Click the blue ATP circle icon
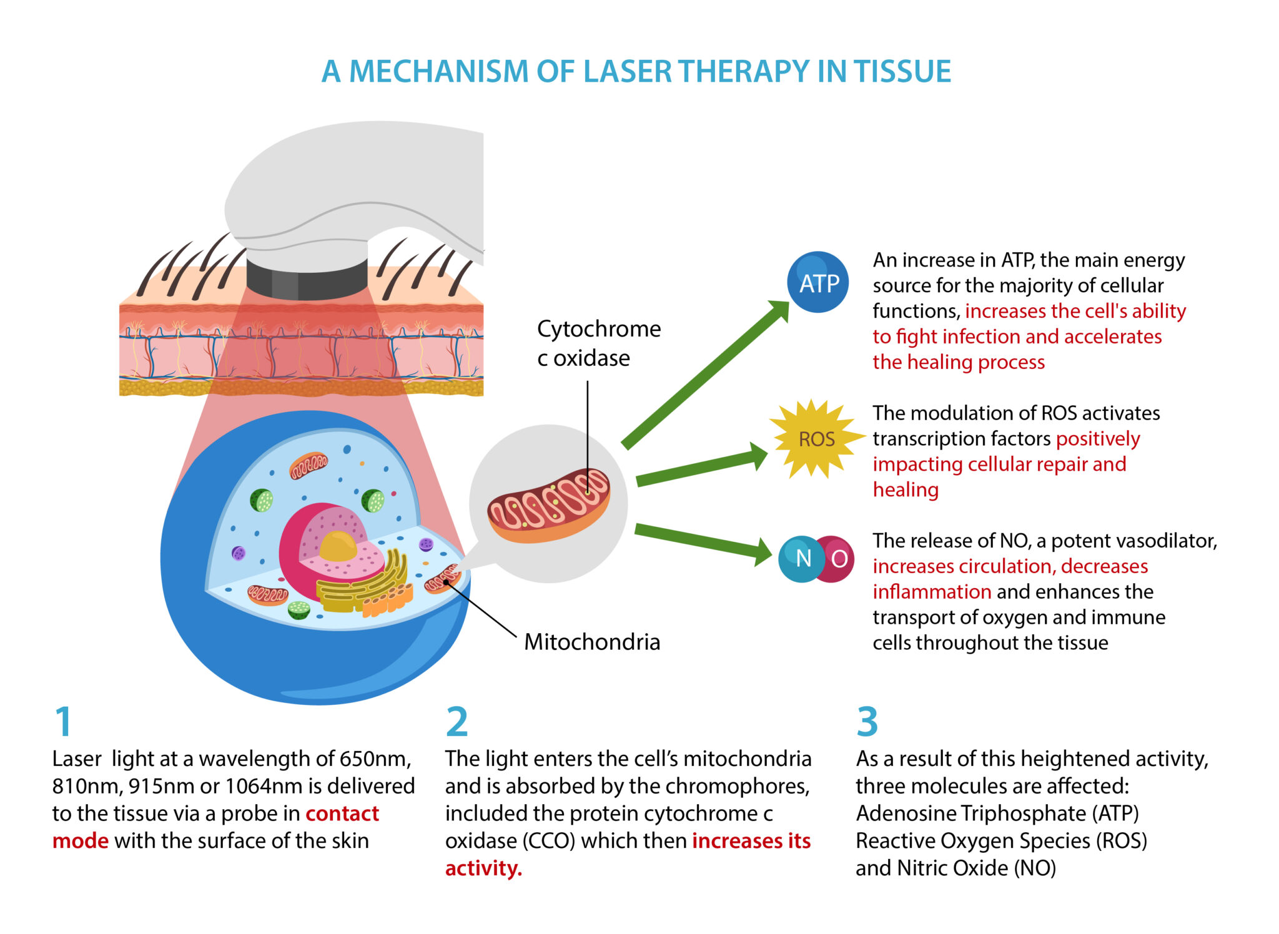818,282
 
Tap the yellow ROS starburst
816,439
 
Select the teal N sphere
801,558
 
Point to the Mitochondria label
591,642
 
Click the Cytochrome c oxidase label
598,343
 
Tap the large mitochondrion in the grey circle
548,504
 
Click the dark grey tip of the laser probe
307,279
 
